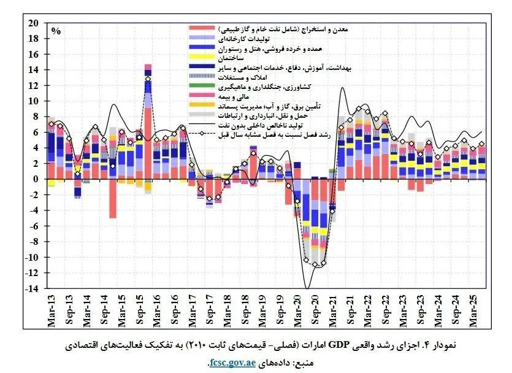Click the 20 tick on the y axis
coord(34,23)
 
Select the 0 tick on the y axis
coord(38,179)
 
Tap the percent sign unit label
coord(56,30)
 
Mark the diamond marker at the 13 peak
coord(148,79)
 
